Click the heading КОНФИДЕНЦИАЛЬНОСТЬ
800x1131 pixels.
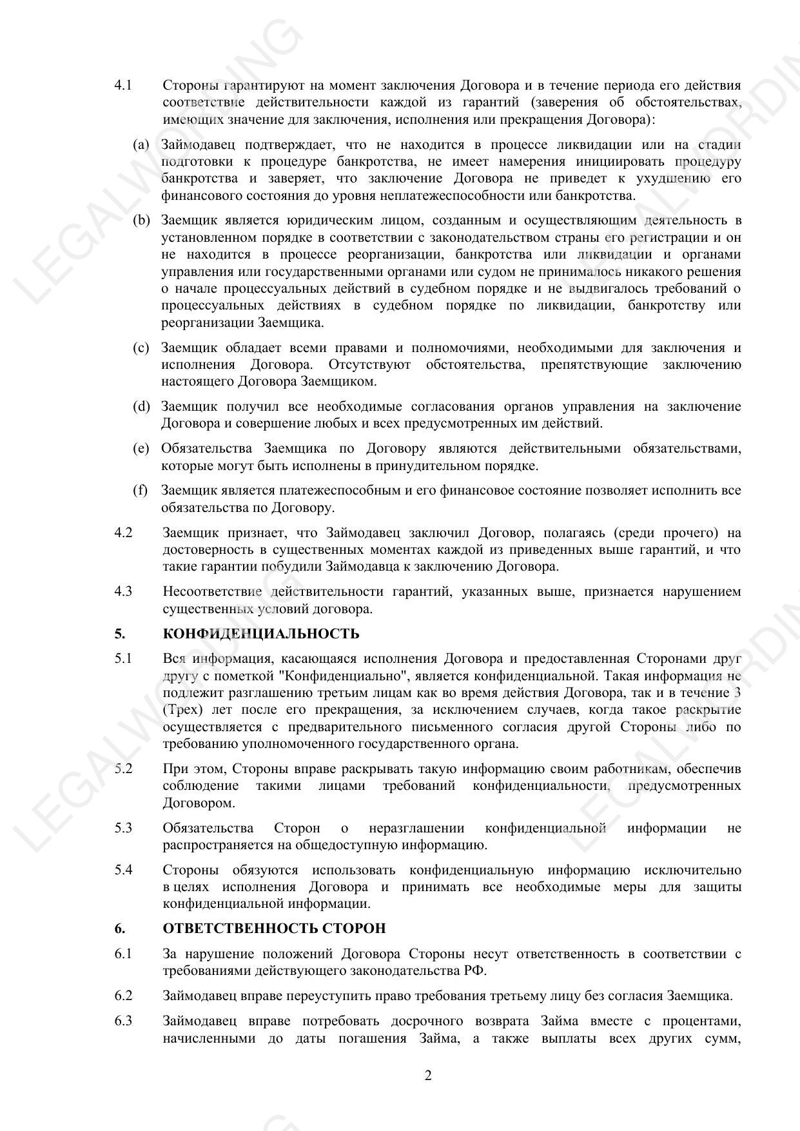[x=261, y=634]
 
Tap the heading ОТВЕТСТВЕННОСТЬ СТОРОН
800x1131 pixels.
[x=274, y=929]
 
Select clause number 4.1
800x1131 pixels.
[x=123, y=86]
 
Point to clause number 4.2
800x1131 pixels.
[x=123, y=533]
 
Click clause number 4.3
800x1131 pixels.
[x=123, y=592]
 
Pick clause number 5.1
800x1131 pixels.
[x=123, y=659]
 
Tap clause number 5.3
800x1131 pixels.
[x=123, y=828]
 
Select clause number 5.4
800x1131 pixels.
[x=123, y=870]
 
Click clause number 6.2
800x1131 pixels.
[x=123, y=996]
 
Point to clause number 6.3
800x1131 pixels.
[x=123, y=1021]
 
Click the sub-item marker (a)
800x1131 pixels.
[x=141, y=145]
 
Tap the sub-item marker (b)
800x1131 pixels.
[x=141, y=221]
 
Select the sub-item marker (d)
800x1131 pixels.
[x=141, y=407]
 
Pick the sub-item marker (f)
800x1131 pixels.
[x=140, y=491]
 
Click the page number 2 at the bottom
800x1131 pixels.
[x=428, y=1076]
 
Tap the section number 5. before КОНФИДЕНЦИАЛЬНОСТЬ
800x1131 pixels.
[x=119, y=634]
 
